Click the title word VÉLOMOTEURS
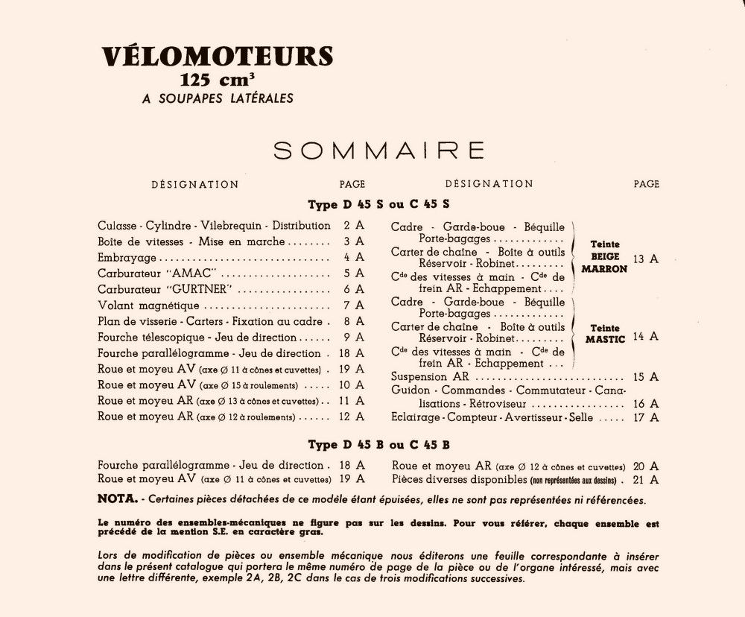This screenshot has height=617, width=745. [218, 57]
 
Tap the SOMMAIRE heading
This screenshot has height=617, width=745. [379, 151]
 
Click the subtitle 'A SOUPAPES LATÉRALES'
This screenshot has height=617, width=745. [217, 98]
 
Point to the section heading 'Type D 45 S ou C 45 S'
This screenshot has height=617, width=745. [378, 203]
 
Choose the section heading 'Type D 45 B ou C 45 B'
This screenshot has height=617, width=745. [378, 445]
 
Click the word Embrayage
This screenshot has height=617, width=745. [127, 257]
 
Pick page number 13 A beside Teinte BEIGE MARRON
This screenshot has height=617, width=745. [645, 259]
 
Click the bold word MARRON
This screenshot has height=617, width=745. [605, 269]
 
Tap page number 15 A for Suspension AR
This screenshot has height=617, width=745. [645, 377]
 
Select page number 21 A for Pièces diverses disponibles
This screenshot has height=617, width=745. [645, 479]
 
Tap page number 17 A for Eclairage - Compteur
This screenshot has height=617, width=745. [645, 417]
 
